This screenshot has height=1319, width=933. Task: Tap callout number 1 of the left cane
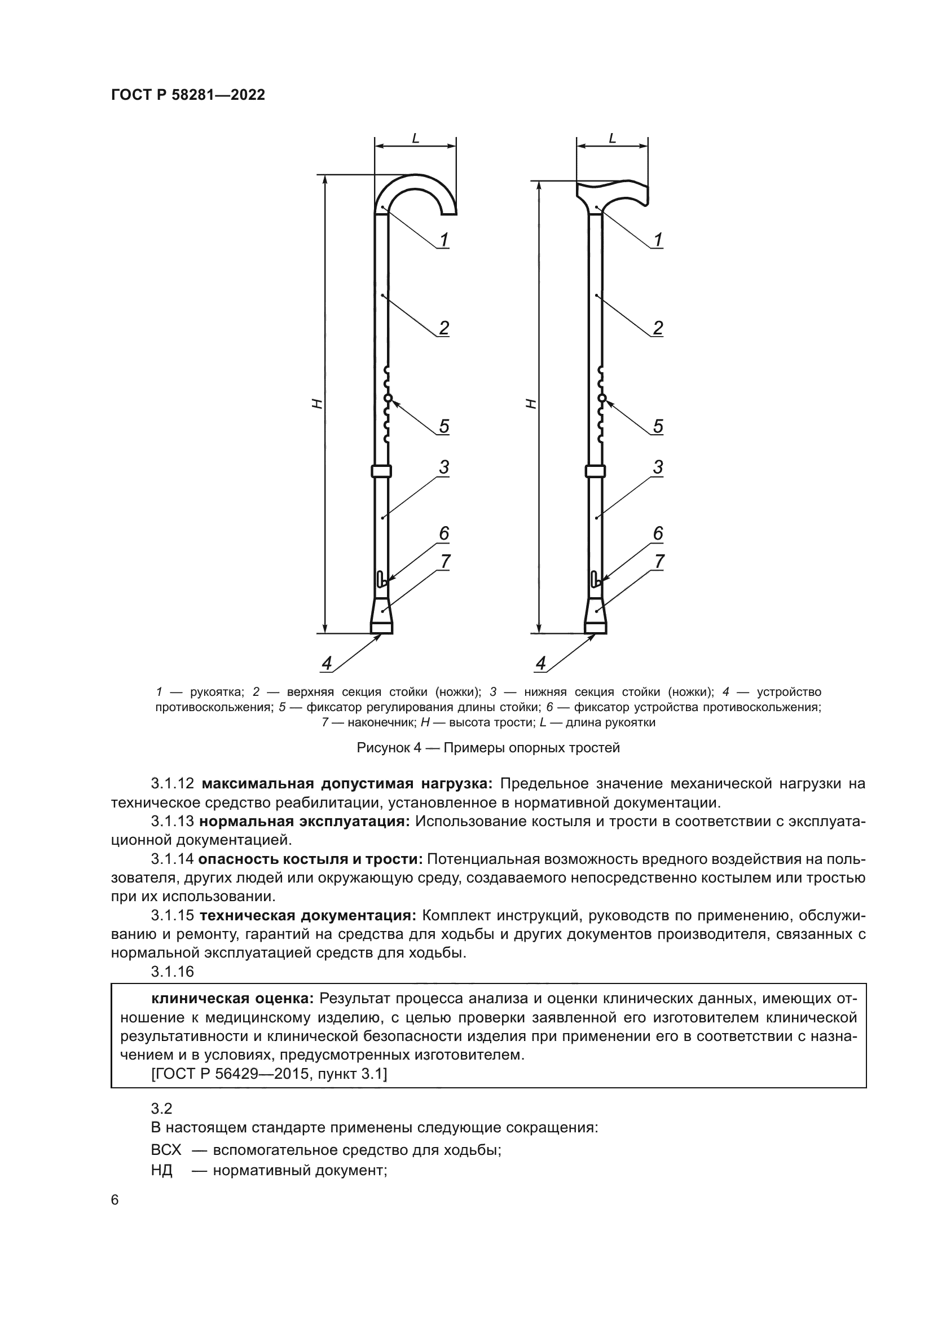pos(443,240)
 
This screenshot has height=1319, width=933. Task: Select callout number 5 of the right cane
pos(658,426)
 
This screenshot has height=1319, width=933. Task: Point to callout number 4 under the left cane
pos(326,664)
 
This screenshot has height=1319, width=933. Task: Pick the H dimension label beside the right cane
pos(531,404)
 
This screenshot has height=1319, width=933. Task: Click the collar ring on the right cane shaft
pos(595,471)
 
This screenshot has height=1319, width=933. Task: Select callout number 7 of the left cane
pos(444,561)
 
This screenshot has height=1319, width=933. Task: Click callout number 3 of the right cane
pos(658,467)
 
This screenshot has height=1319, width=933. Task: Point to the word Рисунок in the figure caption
pos(381,747)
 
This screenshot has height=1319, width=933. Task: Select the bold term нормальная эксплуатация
pos(305,822)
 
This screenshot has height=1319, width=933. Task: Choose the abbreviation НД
pos(162,1170)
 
